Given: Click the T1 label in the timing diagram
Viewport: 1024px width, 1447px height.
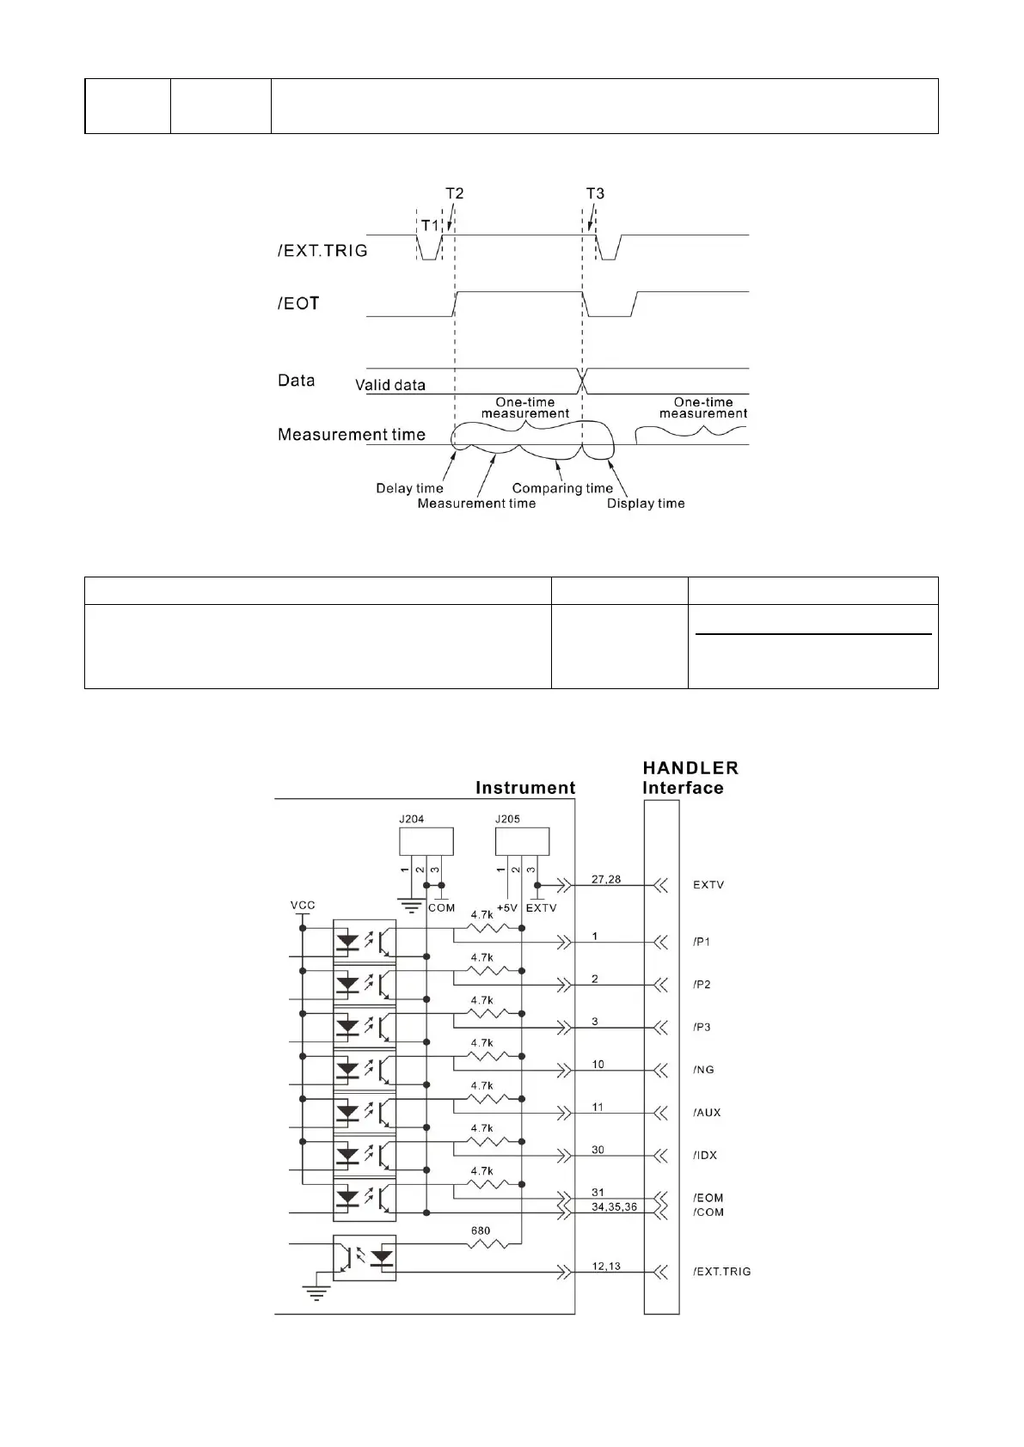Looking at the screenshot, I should [429, 225].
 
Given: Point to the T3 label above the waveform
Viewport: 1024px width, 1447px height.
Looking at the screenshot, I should [595, 193].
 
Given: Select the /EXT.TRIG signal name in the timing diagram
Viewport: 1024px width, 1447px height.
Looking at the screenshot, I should [322, 251].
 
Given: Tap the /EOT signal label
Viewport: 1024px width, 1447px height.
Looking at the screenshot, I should [298, 303].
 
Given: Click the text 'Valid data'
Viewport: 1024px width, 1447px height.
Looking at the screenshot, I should [390, 385].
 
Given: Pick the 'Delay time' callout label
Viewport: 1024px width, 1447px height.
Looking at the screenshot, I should [409, 488].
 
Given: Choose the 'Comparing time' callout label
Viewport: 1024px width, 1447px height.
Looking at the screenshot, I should [562, 488].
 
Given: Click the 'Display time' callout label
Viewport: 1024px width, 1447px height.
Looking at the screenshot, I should [646, 504].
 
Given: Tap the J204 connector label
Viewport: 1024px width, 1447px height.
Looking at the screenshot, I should [411, 819].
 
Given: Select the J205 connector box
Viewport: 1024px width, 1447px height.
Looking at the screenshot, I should [522, 841].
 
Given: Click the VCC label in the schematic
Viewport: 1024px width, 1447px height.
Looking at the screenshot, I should [303, 906].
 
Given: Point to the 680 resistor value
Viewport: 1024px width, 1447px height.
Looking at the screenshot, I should [480, 1230].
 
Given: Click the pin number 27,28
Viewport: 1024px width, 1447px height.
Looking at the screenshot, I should [607, 879].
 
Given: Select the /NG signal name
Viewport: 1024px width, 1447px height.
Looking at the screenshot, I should [703, 1070].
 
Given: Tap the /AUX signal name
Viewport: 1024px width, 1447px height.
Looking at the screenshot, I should [707, 1113].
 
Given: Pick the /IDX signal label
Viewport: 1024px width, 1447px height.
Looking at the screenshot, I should [704, 1156].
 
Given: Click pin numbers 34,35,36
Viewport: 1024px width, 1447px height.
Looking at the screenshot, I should [614, 1207].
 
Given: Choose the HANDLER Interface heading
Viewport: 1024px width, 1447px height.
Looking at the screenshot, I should [690, 778].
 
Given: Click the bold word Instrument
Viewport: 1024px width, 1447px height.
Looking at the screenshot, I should [525, 788].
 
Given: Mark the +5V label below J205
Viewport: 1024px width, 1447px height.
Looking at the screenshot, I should [507, 908].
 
